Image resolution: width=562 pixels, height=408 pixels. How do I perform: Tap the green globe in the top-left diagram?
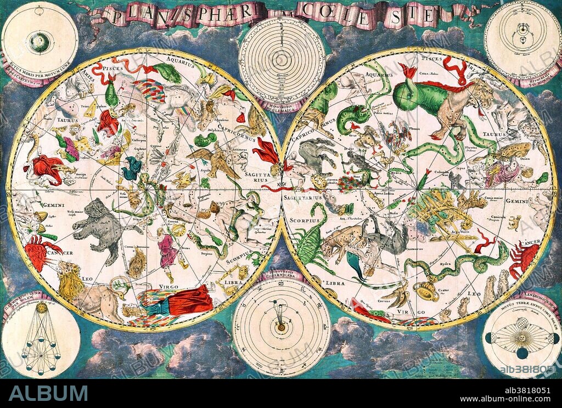pyautogui.click(x=39, y=41)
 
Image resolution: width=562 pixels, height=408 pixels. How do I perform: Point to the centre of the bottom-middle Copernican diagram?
pyautogui.click(x=281, y=328)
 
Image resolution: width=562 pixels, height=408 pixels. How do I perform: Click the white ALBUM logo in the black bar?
pyautogui.click(x=48, y=393)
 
